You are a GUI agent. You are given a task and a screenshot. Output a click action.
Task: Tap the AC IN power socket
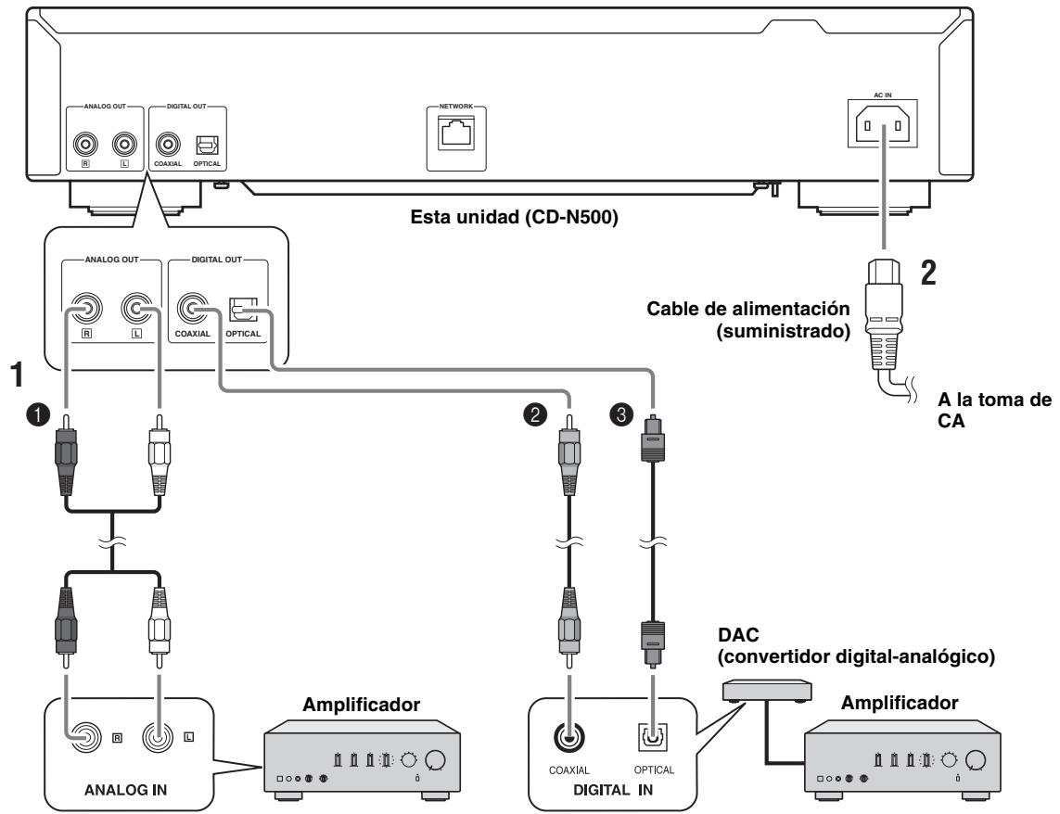point(882,125)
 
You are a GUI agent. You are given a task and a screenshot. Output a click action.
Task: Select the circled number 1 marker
point(38,413)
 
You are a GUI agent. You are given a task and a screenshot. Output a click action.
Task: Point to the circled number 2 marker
point(535,413)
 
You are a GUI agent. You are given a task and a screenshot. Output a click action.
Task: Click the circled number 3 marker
point(621,413)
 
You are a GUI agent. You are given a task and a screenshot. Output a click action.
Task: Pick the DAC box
point(767,691)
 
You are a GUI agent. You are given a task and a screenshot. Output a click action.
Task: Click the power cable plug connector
point(884,314)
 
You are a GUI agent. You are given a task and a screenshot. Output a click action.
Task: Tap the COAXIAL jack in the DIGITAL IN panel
point(569,737)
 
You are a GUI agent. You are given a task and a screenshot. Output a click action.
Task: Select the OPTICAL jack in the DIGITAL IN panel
point(653,736)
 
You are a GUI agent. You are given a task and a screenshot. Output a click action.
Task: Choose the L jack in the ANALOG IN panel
point(158,737)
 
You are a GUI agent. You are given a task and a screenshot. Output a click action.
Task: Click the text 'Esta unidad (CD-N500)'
point(515,217)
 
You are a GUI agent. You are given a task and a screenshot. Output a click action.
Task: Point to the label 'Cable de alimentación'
point(748,309)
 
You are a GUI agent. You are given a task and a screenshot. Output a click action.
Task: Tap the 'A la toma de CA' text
point(994,410)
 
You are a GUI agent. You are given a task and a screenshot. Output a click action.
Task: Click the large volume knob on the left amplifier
point(436,760)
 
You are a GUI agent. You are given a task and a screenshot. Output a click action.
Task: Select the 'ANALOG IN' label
point(126,790)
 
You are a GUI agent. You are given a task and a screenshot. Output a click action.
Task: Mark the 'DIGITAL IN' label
point(613,790)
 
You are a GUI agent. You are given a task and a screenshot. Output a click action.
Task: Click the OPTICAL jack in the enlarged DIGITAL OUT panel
point(243,309)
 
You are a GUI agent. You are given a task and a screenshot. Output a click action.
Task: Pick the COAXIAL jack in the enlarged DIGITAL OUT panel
point(193,309)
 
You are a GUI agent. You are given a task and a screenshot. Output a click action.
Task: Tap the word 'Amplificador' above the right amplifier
point(900,703)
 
